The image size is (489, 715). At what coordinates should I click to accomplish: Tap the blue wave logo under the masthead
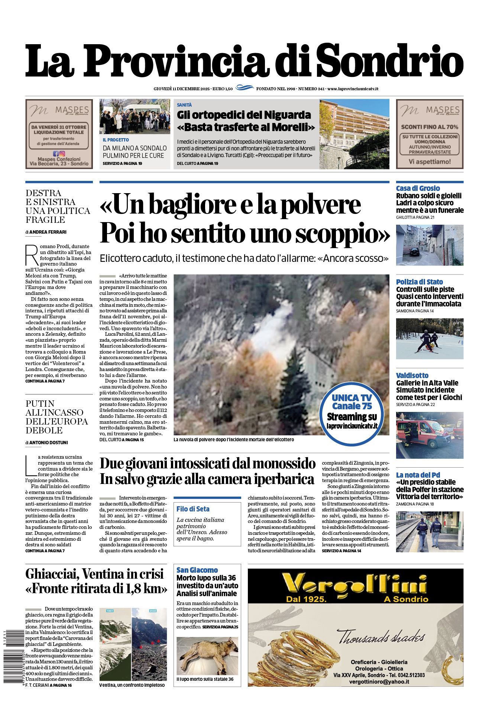click(244, 88)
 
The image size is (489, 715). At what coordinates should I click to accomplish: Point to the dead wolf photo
click(207, 656)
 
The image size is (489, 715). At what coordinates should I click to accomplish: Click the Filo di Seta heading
click(193, 509)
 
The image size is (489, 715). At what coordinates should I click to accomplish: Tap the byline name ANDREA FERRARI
click(48, 232)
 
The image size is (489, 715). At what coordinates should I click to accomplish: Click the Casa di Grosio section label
click(418, 188)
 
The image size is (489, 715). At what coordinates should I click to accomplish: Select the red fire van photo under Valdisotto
click(430, 435)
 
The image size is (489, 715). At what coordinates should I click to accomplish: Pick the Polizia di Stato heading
click(419, 282)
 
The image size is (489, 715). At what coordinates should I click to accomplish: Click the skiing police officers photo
click(430, 338)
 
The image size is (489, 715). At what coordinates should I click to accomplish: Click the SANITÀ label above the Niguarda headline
click(184, 105)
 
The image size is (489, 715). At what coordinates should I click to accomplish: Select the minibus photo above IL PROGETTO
click(135, 116)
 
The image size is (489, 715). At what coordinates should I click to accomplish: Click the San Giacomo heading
click(197, 570)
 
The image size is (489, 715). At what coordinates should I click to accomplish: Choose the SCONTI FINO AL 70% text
click(429, 127)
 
